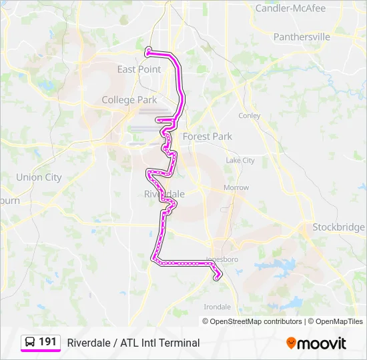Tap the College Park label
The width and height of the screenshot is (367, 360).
[x=129, y=100]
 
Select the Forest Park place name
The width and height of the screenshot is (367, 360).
[x=207, y=136]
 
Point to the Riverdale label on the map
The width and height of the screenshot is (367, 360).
[x=164, y=193]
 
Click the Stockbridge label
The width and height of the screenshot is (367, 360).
[x=339, y=227]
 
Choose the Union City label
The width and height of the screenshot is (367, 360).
[x=39, y=177]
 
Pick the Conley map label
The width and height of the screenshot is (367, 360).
[x=250, y=115]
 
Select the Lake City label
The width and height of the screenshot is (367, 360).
[x=240, y=161]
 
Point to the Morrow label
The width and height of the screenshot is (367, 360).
[x=236, y=188]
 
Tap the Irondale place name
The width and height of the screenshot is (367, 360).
[x=217, y=307]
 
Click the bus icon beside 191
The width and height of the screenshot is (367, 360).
[x=30, y=342]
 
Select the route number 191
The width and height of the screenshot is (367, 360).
[x=47, y=342]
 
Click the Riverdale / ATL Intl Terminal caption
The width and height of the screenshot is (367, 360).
[x=133, y=343]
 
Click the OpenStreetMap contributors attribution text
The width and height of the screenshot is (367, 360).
[x=256, y=321]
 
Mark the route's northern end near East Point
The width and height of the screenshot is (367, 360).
[x=147, y=49]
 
